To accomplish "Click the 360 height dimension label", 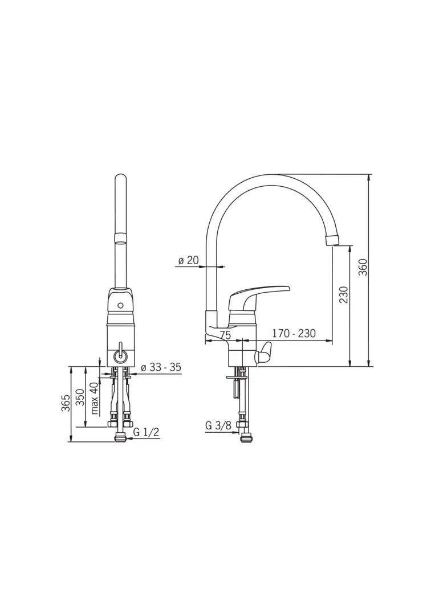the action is (x=363, y=266).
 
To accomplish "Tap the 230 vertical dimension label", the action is (x=344, y=294).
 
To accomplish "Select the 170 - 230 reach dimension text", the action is (x=294, y=333).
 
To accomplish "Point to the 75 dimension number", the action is (x=225, y=335).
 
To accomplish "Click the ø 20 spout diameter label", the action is (x=189, y=260).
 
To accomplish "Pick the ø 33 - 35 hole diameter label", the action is (x=161, y=367).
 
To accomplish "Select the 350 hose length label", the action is (x=80, y=397).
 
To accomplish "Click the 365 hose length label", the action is (x=66, y=403).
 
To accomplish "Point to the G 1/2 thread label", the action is (x=147, y=432).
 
